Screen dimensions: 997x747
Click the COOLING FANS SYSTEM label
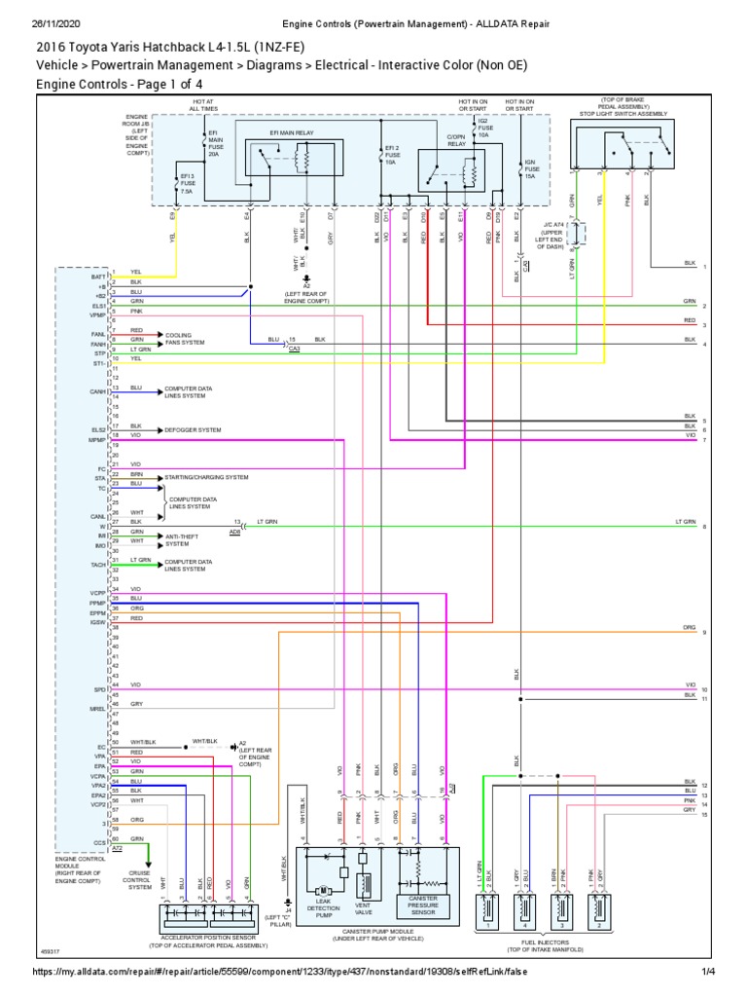pos(185,338)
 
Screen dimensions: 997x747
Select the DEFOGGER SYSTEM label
pos(193,429)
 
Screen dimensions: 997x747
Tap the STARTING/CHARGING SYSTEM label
pos(207,477)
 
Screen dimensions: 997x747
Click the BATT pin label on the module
pos(98,277)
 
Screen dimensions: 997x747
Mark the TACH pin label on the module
pos(98,564)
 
